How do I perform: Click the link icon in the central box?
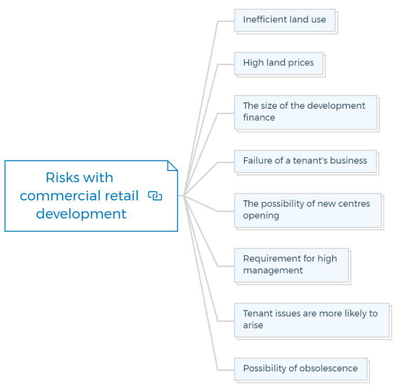(x=155, y=196)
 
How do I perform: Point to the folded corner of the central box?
(x=173, y=165)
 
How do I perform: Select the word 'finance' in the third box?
(x=259, y=117)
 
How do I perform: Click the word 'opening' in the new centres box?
(x=261, y=215)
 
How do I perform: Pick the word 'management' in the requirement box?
(x=273, y=270)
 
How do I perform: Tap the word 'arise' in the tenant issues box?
(x=253, y=325)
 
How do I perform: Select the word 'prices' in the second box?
(x=301, y=63)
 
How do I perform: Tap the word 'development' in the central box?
(x=81, y=214)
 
